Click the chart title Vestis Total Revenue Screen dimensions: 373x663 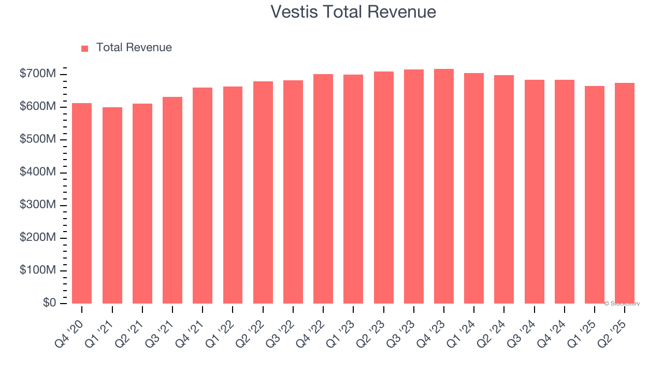pos(353,11)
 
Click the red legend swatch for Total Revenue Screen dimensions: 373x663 pos(85,48)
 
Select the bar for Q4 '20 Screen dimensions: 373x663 pos(82,203)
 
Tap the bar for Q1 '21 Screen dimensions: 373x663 pos(112,205)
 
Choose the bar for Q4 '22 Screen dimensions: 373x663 pos(323,189)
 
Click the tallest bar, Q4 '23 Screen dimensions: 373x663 pos(444,186)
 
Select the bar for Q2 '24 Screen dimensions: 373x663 pos(504,189)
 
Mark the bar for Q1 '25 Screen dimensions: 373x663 pos(594,194)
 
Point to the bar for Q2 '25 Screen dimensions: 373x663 pos(625,193)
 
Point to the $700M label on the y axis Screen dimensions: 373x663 pos(38,74)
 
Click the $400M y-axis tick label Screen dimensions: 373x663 pos(38,172)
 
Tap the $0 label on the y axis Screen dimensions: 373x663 pos(49,303)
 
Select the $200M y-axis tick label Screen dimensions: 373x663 pos(38,237)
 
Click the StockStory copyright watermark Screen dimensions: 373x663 pos(622,304)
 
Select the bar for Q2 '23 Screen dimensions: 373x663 pos(384,187)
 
